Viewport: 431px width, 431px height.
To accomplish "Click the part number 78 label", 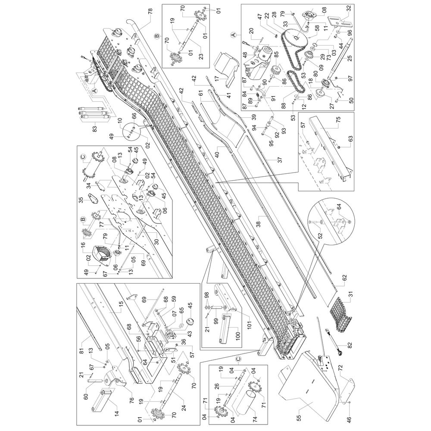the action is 150,12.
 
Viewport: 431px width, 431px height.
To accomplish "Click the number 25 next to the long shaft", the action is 350,59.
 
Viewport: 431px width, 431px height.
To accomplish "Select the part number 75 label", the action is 338,120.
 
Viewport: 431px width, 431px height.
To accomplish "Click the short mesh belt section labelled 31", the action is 340,312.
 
